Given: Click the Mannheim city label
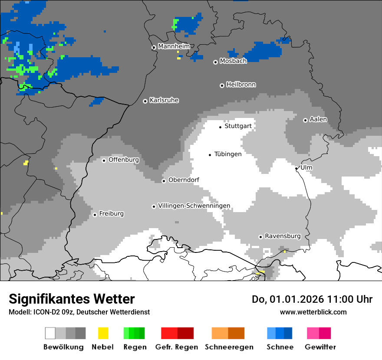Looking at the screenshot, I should point(174,46).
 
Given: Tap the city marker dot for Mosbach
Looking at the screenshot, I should point(215,62).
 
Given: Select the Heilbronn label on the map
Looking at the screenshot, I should point(241,85).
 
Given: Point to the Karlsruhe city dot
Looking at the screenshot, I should point(145,101).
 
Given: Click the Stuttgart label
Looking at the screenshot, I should point(238,126).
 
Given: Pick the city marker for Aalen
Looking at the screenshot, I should point(305,120).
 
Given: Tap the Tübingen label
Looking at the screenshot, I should point(228,154).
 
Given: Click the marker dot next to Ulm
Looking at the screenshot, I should point(296,168).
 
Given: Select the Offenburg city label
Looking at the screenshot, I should point(124,160).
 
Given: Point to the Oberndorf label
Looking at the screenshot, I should point(184,180).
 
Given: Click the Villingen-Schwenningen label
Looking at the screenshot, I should point(194,206).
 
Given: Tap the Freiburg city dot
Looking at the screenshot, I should point(95,215).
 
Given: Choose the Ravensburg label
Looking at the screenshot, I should point(283,236).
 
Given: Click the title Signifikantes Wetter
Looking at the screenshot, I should point(72,299).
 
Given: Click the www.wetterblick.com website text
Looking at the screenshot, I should point(313,312).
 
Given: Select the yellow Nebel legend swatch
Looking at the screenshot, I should point(103,333).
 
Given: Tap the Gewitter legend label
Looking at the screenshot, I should point(320,347).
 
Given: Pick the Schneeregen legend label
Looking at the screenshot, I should point(229,347).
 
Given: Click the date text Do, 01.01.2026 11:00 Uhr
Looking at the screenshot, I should point(312,299).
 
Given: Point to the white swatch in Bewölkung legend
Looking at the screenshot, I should point(50,333).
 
